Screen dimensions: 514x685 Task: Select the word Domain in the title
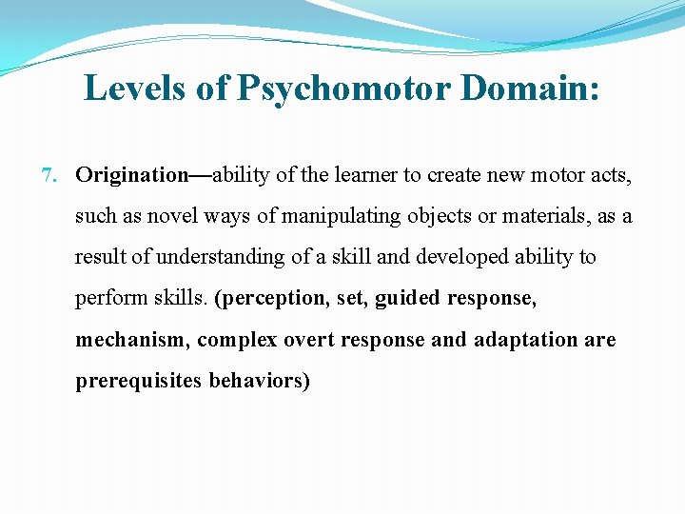point(530,89)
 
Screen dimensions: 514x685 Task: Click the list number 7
point(50,175)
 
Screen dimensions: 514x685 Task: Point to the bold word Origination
point(132,175)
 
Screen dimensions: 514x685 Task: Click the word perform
point(106,298)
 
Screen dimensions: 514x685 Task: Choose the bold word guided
point(407,298)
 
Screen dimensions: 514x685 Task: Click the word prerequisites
point(139,381)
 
